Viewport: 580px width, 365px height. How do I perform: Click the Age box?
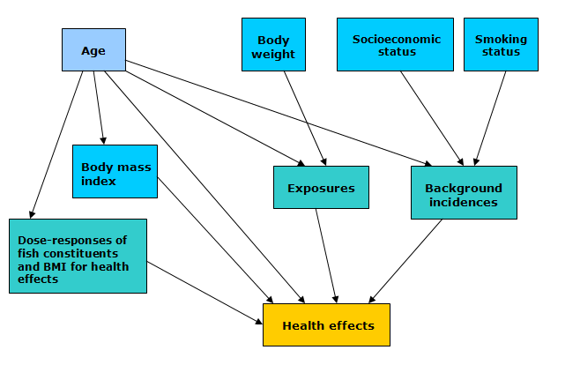pyautogui.click(x=93, y=50)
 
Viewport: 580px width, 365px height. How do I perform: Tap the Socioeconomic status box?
pyautogui.click(x=396, y=45)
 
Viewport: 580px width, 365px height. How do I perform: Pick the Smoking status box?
pyautogui.click(x=500, y=45)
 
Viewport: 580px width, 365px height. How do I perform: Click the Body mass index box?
pyautogui.click(x=115, y=172)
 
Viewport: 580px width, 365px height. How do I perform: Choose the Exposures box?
pyautogui.click(x=321, y=188)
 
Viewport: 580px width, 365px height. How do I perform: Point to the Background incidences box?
pyautogui.click(x=463, y=193)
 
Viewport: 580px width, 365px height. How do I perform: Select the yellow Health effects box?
pyautogui.click(x=327, y=325)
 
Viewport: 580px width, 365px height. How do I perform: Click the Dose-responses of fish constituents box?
pyautogui.click(x=78, y=256)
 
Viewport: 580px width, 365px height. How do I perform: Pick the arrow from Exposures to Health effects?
pyautogui.click(x=326, y=256)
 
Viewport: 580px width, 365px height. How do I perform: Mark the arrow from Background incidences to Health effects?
pyautogui.click(x=406, y=261)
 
